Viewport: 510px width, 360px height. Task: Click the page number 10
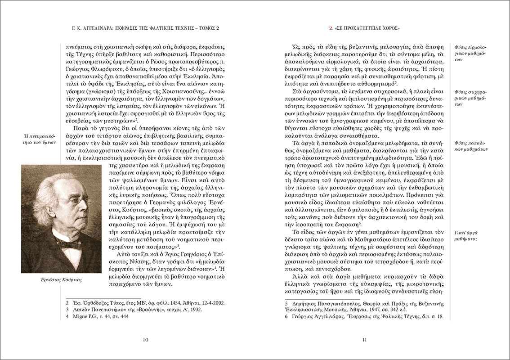coord(145,340)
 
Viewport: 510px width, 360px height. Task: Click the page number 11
coord(365,340)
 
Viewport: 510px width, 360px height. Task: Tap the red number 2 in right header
coord(331,28)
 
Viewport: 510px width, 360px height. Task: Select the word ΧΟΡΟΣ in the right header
coord(390,28)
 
